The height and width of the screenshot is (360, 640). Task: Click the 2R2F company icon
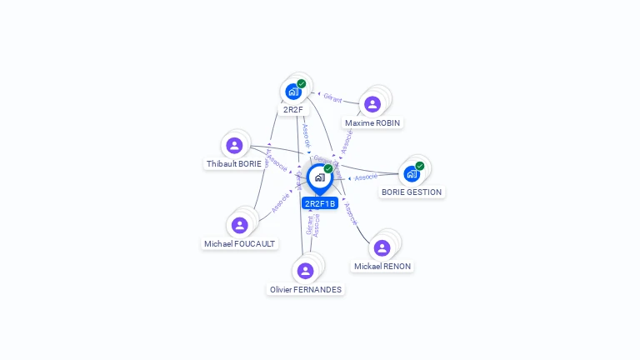(292, 92)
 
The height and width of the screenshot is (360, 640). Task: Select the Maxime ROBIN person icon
(372, 104)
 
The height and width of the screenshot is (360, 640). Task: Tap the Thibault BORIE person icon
(234, 146)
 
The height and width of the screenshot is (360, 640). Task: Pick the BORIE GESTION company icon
(411, 173)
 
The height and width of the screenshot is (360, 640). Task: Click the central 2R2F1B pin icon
(319, 177)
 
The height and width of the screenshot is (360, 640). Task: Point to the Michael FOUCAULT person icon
(240, 225)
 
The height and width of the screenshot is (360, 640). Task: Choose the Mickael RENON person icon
(382, 247)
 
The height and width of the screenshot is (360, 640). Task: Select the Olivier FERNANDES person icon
(305, 271)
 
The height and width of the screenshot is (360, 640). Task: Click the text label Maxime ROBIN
(372, 123)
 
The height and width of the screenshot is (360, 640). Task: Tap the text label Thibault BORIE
(234, 164)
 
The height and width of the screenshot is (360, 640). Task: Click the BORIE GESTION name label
(412, 192)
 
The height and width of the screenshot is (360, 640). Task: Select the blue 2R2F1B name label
(320, 203)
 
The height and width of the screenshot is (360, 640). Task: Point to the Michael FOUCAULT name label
(240, 244)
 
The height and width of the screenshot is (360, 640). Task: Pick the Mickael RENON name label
(382, 267)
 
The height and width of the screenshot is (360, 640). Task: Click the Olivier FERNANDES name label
(306, 290)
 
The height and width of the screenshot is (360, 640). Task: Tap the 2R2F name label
(292, 109)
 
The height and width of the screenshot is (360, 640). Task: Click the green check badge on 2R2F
(302, 83)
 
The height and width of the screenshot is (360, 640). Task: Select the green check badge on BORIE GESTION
(420, 166)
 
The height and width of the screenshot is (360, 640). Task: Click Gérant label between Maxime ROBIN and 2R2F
(332, 98)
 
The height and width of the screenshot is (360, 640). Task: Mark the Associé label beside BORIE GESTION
(366, 177)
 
